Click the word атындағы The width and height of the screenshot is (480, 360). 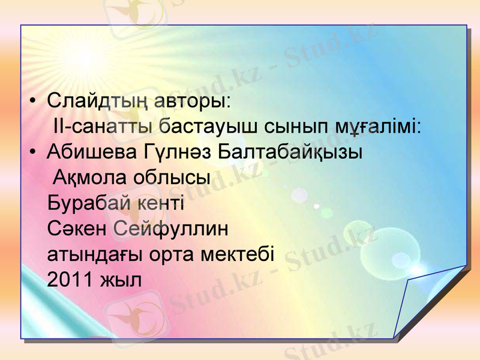coord(95,255)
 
